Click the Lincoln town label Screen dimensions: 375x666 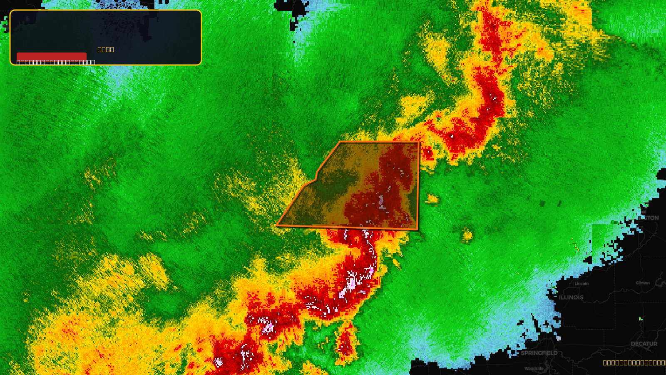[582, 284]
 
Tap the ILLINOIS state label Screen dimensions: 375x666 [571, 297]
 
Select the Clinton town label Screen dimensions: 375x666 [643, 283]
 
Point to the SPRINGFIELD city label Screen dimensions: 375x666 [539, 353]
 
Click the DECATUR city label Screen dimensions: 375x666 [644, 344]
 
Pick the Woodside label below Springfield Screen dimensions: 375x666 [534, 368]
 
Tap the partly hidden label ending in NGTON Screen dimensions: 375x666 [649, 218]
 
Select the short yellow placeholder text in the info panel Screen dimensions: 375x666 [106, 49]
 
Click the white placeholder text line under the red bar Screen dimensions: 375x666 [56, 62]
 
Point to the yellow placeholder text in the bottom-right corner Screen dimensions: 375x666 [634, 362]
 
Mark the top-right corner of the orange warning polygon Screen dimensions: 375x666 [419, 142]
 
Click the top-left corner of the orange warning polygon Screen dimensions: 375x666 [340, 142]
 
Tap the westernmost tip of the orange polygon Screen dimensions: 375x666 [276, 226]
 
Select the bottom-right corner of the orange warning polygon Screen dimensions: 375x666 [417, 230]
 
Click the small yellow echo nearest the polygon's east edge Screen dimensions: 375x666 [432, 199]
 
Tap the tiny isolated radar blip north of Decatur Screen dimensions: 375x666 [641, 319]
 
